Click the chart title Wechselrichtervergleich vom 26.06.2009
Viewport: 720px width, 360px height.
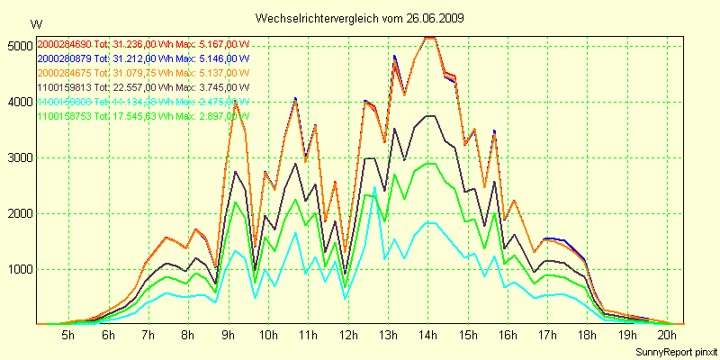tap(360, 18)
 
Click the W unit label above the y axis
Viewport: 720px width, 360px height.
tap(35, 23)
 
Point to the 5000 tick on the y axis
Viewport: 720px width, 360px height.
tap(18, 45)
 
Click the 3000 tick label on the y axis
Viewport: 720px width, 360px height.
tap(18, 157)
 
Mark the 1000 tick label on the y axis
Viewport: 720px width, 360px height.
tap(18, 269)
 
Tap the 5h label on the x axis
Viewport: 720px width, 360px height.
tap(67, 335)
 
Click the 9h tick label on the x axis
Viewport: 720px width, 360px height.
tap(228, 335)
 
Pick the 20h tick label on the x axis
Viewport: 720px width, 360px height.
tap(667, 335)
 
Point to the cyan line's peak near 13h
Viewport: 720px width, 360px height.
tap(374, 187)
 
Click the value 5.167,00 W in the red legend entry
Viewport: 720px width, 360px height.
tap(223, 44)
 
